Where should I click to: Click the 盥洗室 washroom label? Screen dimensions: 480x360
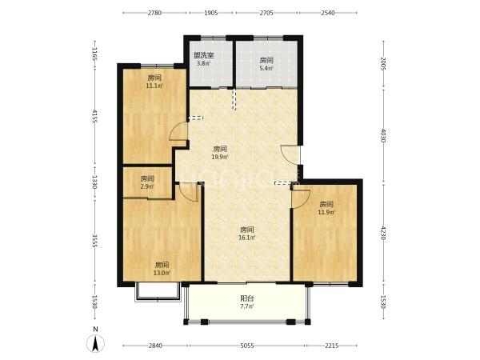coord(203,55)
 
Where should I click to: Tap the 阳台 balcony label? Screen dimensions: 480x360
coord(246,298)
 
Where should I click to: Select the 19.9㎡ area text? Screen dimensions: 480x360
coord(220,157)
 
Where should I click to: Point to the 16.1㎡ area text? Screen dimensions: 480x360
coord(246,238)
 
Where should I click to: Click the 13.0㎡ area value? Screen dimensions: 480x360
coord(162,273)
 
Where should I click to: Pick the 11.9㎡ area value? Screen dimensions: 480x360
coord(326,212)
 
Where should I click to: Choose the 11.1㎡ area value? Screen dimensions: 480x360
coord(154,86)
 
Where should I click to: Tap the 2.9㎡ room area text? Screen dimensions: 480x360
coord(147,186)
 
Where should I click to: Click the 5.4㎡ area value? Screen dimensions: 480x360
coord(266,68)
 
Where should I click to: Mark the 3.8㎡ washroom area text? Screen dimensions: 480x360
coord(203,63)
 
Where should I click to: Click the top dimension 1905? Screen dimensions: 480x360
coord(211,13)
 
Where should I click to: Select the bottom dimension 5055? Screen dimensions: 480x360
coord(246,346)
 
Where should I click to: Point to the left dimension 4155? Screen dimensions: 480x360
coord(94,116)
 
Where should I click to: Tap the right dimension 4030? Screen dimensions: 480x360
coord(383,136)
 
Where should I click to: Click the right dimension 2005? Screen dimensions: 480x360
coord(383,63)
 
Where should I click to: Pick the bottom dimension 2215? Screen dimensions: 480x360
coord(331,346)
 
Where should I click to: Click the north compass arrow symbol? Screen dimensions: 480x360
coord(95,343)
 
